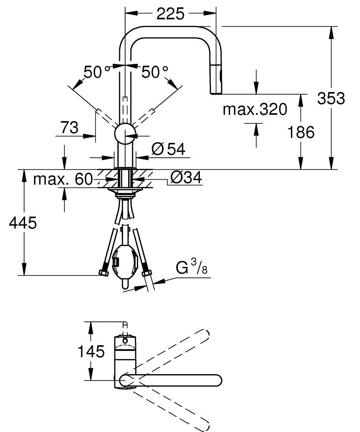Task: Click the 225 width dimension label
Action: (x=170, y=14)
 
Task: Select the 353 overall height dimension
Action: (x=331, y=99)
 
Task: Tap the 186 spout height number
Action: (x=301, y=132)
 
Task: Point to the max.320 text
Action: (x=255, y=110)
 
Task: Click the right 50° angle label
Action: (x=155, y=72)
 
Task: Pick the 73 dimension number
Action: (x=69, y=128)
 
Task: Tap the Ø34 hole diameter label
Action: (x=186, y=177)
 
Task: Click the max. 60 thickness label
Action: (x=63, y=178)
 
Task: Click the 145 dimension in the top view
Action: (x=91, y=351)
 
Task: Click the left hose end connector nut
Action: (x=103, y=273)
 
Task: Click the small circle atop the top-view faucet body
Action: (x=125, y=341)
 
